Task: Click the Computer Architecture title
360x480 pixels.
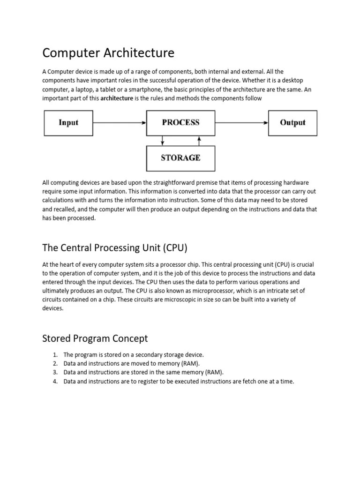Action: coord(108,53)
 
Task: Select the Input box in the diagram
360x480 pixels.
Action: coord(68,123)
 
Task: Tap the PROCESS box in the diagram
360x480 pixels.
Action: coord(180,123)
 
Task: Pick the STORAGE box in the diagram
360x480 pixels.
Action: coord(180,158)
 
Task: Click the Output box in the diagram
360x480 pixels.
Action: coord(292,123)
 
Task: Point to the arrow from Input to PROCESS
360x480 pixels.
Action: coord(120,123)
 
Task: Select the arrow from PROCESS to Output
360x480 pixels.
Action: coord(242,123)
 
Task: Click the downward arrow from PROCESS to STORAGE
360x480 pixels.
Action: coord(162,141)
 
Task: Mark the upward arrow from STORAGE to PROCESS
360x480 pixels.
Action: coord(199,141)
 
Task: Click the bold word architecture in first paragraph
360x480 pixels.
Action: coord(117,98)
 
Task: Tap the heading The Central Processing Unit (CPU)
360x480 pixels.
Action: coord(115,247)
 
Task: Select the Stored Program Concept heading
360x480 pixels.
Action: coord(95,338)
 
